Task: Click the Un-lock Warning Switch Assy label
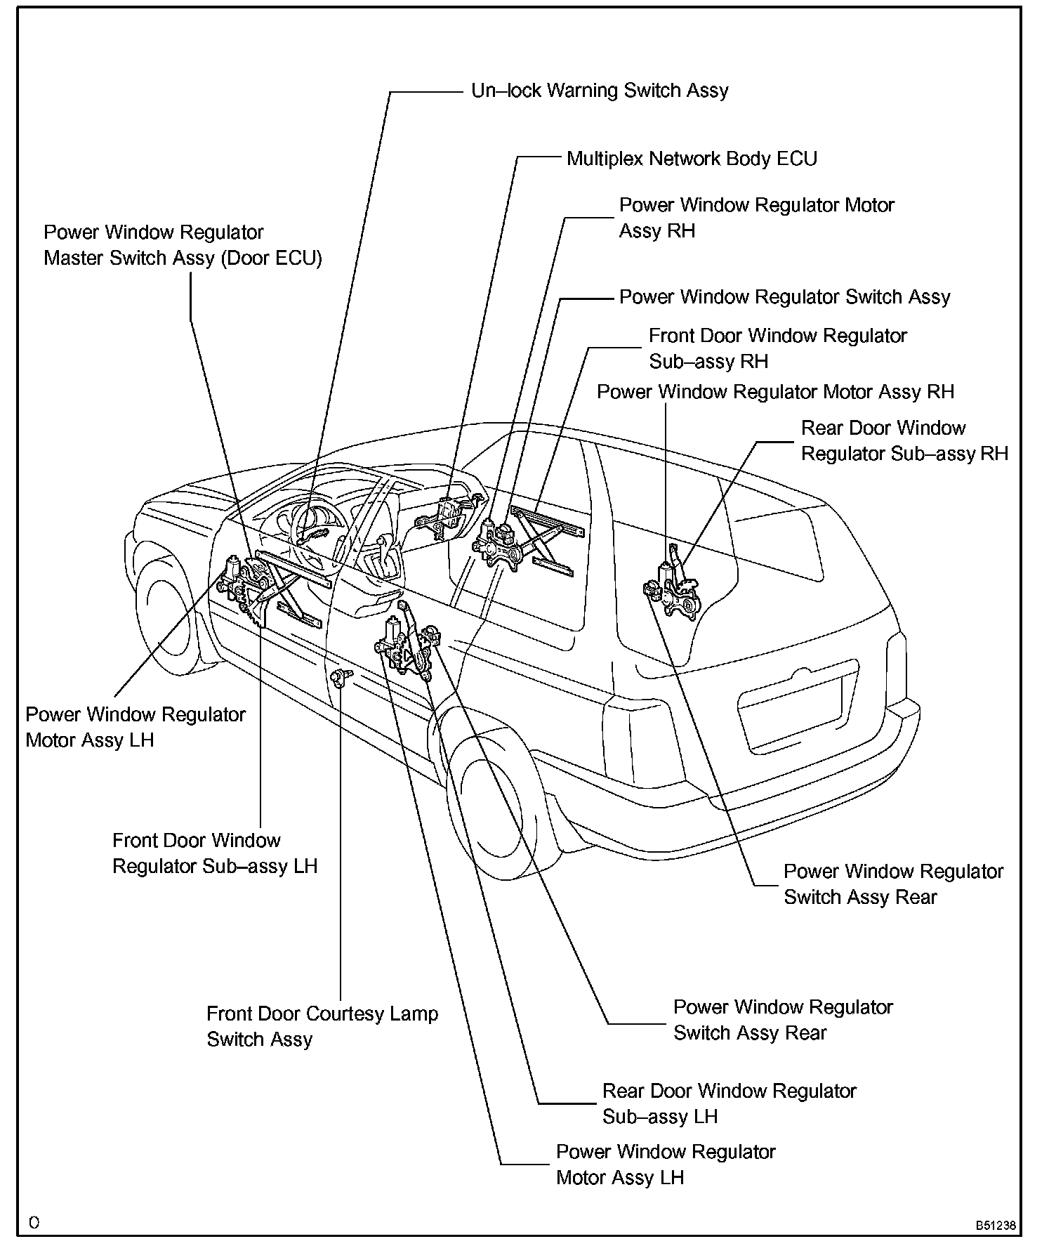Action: (600, 91)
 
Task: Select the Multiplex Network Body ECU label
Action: (692, 159)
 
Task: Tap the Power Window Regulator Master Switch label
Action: (183, 245)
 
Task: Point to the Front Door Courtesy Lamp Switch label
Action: (322, 1026)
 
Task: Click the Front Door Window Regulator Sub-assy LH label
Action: (215, 853)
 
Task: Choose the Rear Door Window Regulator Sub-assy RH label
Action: (904, 441)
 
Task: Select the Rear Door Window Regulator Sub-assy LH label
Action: (729, 1103)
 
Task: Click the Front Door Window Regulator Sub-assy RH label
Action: (777, 348)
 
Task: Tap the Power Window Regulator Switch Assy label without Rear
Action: (784, 297)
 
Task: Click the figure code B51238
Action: (995, 1225)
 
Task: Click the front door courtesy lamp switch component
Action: (340, 678)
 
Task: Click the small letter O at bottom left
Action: (34, 1223)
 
